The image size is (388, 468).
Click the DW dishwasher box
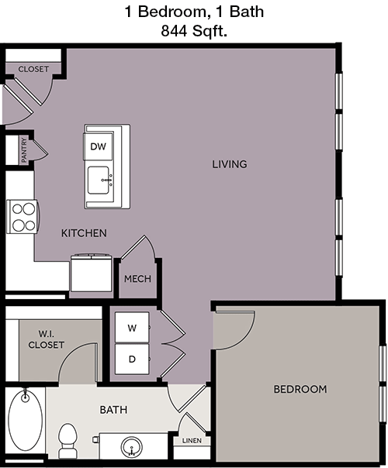[99, 146]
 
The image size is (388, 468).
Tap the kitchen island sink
[99, 180]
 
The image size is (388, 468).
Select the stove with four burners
[22, 216]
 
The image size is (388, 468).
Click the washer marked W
[132, 328]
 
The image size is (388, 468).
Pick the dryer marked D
[132, 359]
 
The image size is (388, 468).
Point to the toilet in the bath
[68, 441]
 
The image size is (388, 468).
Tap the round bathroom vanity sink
[131, 447]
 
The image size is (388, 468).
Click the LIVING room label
[230, 164]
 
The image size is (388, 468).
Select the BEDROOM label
[300, 389]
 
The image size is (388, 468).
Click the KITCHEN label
[84, 233]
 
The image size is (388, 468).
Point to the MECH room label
[137, 279]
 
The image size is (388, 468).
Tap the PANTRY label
[24, 150]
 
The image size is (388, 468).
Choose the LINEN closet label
[192, 441]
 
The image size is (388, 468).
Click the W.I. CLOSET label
[47, 339]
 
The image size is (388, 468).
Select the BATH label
[113, 410]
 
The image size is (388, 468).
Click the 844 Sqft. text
[194, 30]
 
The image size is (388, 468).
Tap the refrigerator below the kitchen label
[91, 273]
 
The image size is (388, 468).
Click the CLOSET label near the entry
[33, 69]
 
